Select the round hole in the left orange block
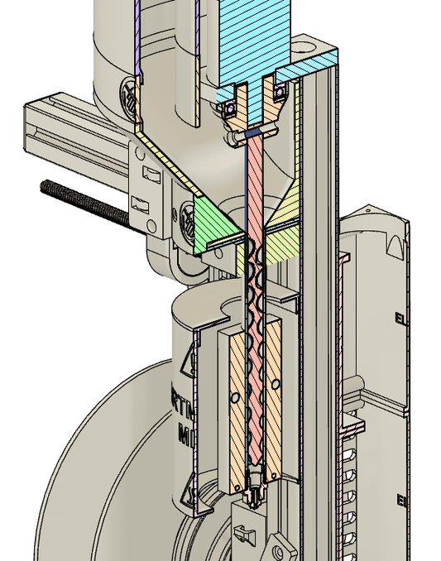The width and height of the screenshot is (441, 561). tap(235, 398)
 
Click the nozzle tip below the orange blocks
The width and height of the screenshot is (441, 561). tap(254, 496)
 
